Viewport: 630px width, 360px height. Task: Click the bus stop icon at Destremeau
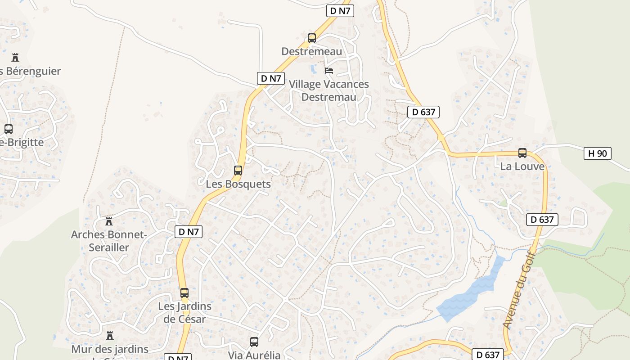tap(312, 38)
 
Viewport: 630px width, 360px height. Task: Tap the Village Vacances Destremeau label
tap(328, 90)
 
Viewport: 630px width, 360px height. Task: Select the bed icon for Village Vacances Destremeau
tap(329, 71)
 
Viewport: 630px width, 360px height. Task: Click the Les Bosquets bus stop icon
tap(238, 171)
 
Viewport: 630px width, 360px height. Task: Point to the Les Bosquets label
tap(238, 184)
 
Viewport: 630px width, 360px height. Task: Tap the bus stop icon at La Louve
tap(522, 153)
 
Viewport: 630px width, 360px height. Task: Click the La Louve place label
tap(522, 166)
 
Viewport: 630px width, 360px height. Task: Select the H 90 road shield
tap(598, 153)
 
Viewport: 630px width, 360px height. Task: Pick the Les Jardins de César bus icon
tap(184, 293)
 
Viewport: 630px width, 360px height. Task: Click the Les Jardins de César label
tap(184, 313)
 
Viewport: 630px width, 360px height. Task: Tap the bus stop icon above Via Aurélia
tap(254, 342)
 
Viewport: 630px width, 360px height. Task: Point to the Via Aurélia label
tap(254, 355)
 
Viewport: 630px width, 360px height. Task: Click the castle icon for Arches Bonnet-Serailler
tap(108, 221)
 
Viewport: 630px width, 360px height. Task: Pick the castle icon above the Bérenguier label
tap(15, 58)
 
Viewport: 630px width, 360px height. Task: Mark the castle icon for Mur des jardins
tap(109, 336)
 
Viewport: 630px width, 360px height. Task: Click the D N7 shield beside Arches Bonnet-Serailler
tap(189, 232)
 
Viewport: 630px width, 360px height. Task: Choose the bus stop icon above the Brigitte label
tap(8, 129)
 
